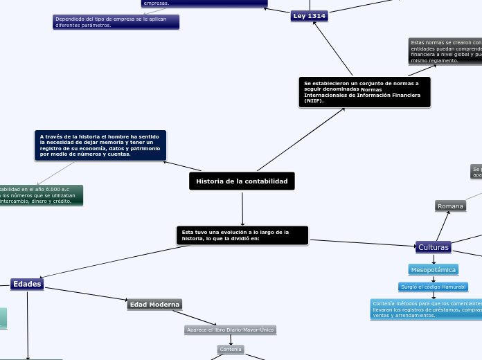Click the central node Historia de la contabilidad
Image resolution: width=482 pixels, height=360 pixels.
point(242,181)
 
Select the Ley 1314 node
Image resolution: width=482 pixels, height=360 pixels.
point(309,16)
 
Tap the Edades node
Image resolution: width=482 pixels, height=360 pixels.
point(27,284)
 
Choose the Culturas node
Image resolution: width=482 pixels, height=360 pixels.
point(434,247)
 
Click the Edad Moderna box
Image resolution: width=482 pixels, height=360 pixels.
point(154,304)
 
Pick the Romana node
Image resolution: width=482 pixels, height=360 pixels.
point(450,206)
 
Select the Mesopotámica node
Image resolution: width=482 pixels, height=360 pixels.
point(434,269)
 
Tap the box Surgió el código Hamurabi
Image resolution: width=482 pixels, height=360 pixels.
point(434,287)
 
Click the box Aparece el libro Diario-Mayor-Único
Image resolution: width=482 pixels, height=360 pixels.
point(231,330)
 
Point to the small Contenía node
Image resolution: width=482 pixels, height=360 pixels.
point(231,350)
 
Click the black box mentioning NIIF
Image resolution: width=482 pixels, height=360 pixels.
point(364,92)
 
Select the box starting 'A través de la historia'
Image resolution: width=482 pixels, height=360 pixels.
point(100,145)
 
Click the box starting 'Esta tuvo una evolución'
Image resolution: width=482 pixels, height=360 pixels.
point(242,235)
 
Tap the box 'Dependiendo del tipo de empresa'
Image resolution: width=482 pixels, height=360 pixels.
point(116,22)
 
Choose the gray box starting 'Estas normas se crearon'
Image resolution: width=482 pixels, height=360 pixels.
point(445,52)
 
